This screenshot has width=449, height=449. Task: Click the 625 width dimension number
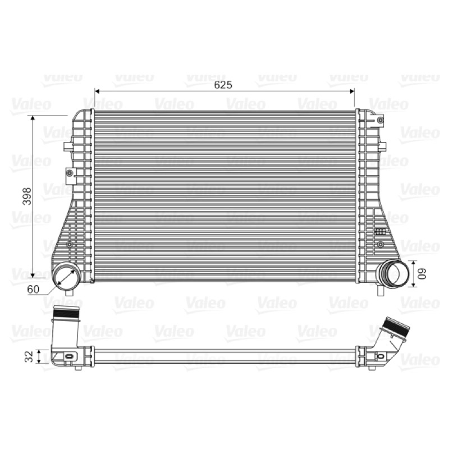click(x=223, y=85)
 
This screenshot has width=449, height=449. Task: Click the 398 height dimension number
click(x=27, y=196)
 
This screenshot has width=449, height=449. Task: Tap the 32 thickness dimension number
click(x=29, y=356)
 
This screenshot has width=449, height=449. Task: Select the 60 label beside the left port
click(x=33, y=289)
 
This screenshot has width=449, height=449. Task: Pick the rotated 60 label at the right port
click(x=422, y=273)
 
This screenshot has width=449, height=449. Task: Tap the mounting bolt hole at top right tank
click(x=381, y=120)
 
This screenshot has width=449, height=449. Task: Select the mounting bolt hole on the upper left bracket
click(x=69, y=173)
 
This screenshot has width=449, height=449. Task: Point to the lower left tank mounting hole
click(x=69, y=244)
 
